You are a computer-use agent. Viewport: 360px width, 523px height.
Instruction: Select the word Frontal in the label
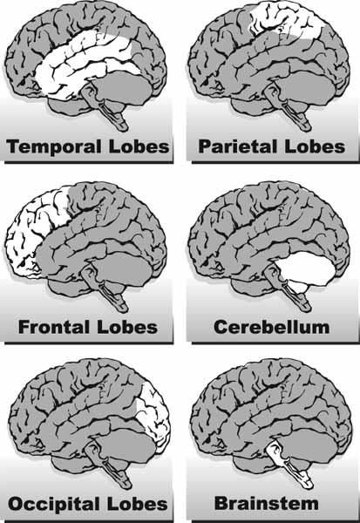(54, 327)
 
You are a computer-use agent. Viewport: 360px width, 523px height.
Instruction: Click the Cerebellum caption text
(271, 327)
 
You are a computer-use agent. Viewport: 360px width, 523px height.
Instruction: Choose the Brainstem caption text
(266, 503)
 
